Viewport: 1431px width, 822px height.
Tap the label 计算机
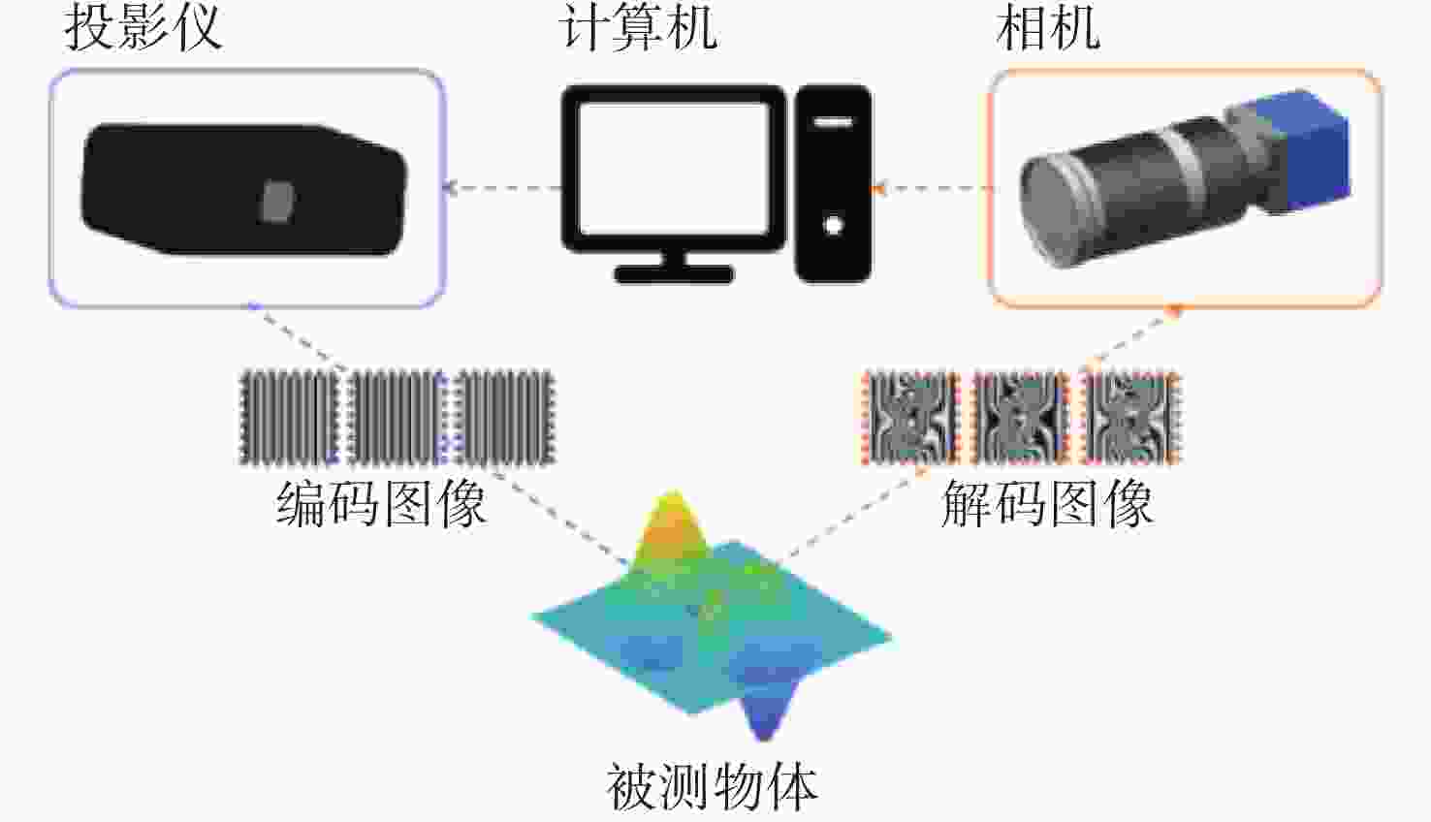(x=639, y=29)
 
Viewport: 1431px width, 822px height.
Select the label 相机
(x=1048, y=29)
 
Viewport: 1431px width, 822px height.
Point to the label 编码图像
(x=381, y=504)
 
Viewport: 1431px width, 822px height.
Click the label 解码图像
(x=1048, y=504)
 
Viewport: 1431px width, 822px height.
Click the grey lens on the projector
(x=277, y=202)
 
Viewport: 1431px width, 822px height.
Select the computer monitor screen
(x=674, y=169)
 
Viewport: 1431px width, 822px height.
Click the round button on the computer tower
(x=833, y=225)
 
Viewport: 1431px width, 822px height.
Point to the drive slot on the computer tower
(x=833, y=121)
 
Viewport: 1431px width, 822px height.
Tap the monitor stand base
(x=674, y=274)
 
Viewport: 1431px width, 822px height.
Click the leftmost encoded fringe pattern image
(x=288, y=418)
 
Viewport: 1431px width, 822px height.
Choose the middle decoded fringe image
(x=1020, y=418)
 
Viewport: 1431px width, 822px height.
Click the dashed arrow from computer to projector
(x=503, y=188)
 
